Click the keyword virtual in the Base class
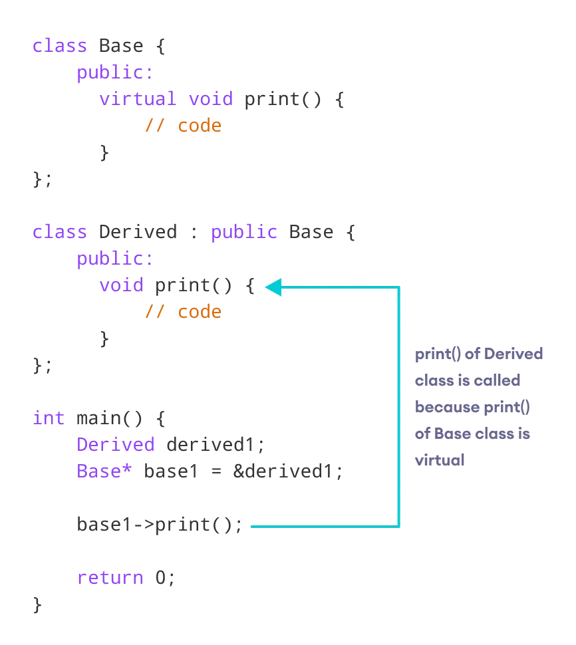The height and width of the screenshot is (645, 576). (x=138, y=99)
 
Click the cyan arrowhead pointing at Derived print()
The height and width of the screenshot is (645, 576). (x=273, y=287)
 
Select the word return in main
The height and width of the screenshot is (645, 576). (x=110, y=577)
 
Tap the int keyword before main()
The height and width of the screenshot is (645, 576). (x=49, y=418)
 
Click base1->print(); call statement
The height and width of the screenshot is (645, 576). (x=160, y=525)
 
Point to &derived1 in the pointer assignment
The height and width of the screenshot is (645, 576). (x=287, y=471)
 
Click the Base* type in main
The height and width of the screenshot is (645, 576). (x=104, y=471)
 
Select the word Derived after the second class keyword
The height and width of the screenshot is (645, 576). (x=138, y=232)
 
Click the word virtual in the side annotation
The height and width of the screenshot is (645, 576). (x=440, y=460)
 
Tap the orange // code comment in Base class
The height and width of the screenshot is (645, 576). (x=183, y=126)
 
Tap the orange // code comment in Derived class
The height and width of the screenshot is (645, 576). (x=183, y=312)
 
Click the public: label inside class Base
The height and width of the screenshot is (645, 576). (x=115, y=72)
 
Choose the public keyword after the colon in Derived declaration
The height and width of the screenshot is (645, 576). (x=243, y=232)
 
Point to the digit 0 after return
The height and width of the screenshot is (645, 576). (x=160, y=577)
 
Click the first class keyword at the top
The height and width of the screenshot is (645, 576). (x=60, y=46)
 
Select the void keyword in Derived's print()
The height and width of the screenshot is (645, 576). (x=121, y=285)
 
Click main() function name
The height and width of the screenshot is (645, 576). (x=110, y=418)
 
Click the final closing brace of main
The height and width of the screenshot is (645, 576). (x=37, y=604)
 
